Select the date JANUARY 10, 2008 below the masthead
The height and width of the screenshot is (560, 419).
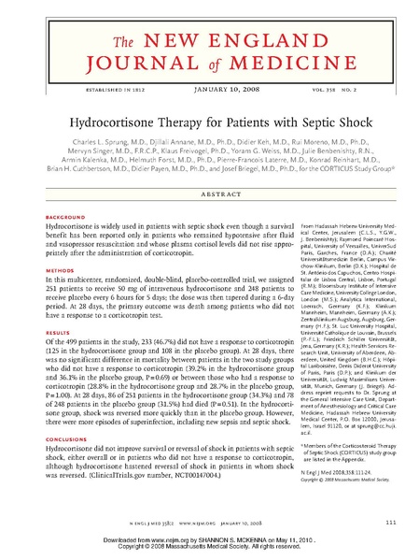[x=209, y=89]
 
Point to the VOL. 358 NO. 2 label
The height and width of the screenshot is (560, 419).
[x=347, y=89]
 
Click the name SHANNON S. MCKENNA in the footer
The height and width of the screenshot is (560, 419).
[x=227, y=539]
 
